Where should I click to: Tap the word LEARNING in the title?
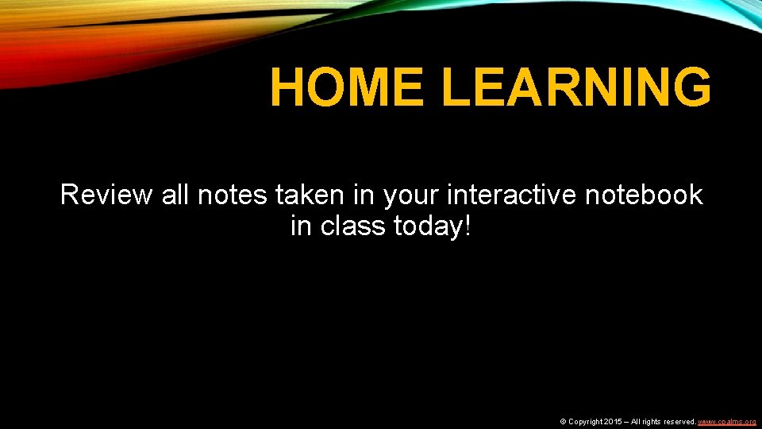pos(576,87)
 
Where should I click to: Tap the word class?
pos(353,227)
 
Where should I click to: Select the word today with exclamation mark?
pos(433,227)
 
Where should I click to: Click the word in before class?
pos(301,227)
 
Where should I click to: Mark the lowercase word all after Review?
pos(175,195)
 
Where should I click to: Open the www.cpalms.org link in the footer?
pos(726,421)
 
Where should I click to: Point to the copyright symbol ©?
pos(564,421)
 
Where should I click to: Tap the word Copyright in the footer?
pos(586,421)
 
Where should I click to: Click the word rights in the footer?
pos(652,421)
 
